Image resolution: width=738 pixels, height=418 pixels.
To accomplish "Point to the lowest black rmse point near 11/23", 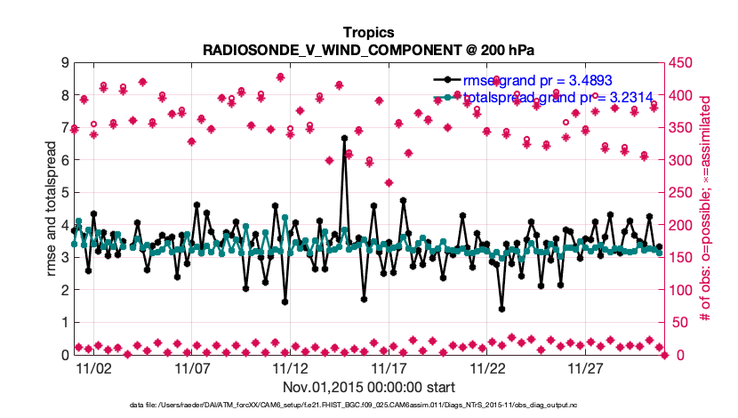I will pyautogui.click(x=501, y=309).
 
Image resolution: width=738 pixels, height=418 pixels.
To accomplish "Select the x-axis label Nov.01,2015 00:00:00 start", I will pyautogui.click(x=369, y=387).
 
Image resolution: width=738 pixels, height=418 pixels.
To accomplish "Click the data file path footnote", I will pyautogui.click(x=368, y=406).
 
